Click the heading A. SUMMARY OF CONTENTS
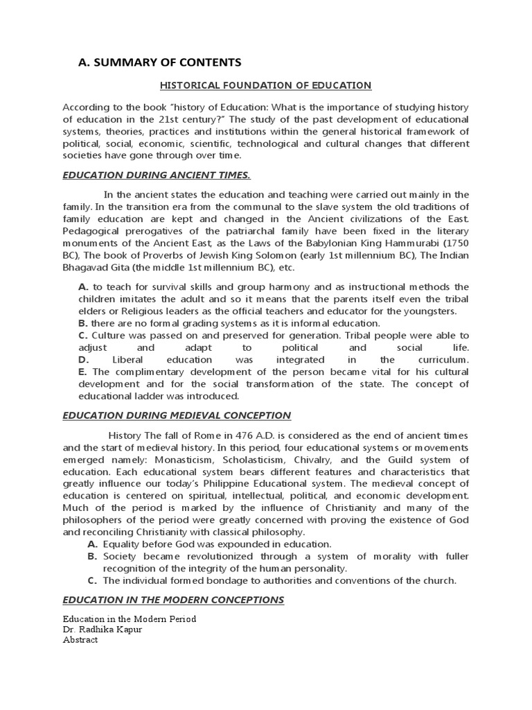click(160, 62)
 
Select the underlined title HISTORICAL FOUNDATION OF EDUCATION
click(266, 85)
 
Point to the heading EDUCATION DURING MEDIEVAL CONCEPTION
click(177, 415)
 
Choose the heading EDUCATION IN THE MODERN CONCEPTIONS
click(173, 599)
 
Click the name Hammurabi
click(407, 244)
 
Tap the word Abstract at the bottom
click(80, 640)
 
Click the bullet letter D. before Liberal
click(84, 361)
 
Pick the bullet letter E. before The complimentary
click(83, 372)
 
